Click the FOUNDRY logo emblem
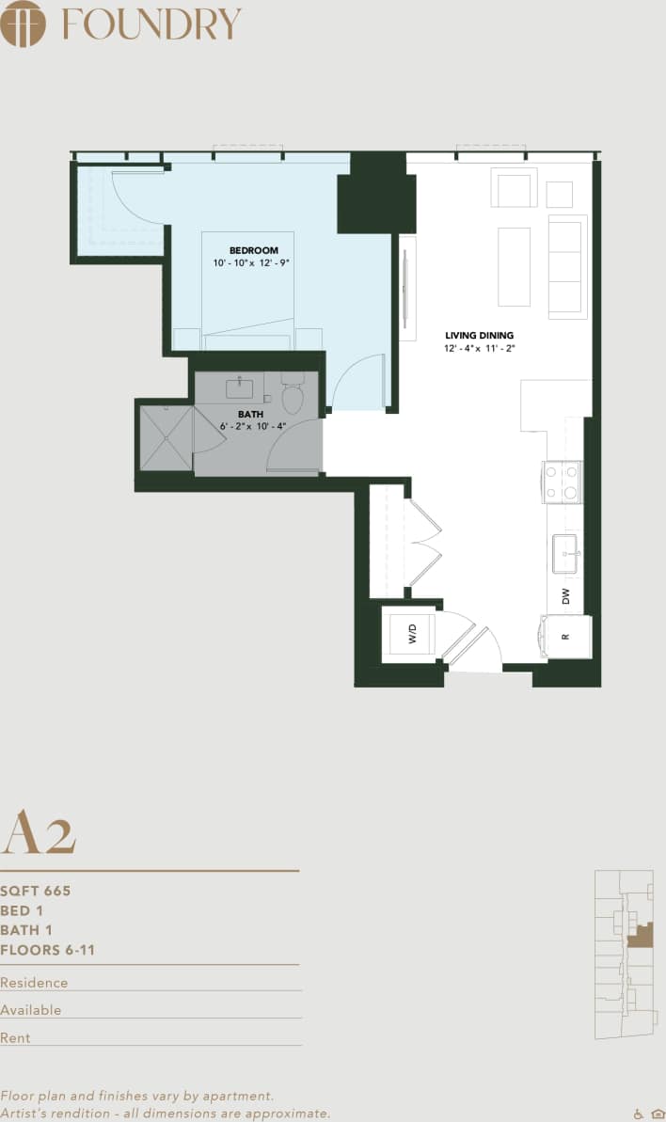24,24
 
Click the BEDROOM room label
254,250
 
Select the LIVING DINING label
480,336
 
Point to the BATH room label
250,414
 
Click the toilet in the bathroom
293,395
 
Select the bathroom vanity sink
240,388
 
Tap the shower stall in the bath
166,437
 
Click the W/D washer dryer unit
412,636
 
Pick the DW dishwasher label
565,595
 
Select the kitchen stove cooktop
563,482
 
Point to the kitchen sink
565,552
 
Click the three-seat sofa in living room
567,266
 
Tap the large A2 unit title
39,832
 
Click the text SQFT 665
36,891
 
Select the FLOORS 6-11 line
48,950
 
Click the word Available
31,1010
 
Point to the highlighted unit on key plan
642,936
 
